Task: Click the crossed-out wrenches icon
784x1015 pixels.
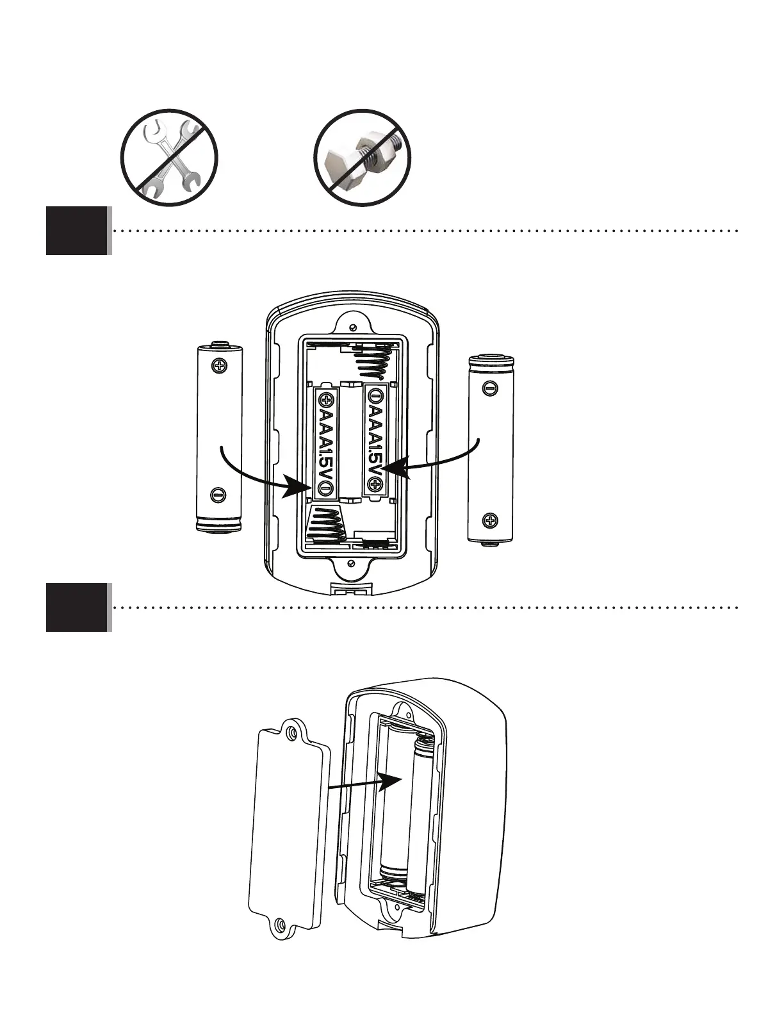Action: pyautogui.click(x=170, y=158)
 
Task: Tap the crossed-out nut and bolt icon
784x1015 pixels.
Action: pyautogui.click(x=362, y=158)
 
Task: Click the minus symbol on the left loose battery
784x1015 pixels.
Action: pyautogui.click(x=218, y=495)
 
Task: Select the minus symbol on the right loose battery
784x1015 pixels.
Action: pyautogui.click(x=489, y=388)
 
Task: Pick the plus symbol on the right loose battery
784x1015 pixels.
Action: pyautogui.click(x=490, y=520)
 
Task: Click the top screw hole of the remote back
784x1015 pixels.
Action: pyautogui.click(x=352, y=327)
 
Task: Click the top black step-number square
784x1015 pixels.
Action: pyautogui.click(x=76, y=231)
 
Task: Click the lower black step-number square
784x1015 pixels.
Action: pyautogui.click(x=76, y=607)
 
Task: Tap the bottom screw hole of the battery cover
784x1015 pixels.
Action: pyautogui.click(x=279, y=925)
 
